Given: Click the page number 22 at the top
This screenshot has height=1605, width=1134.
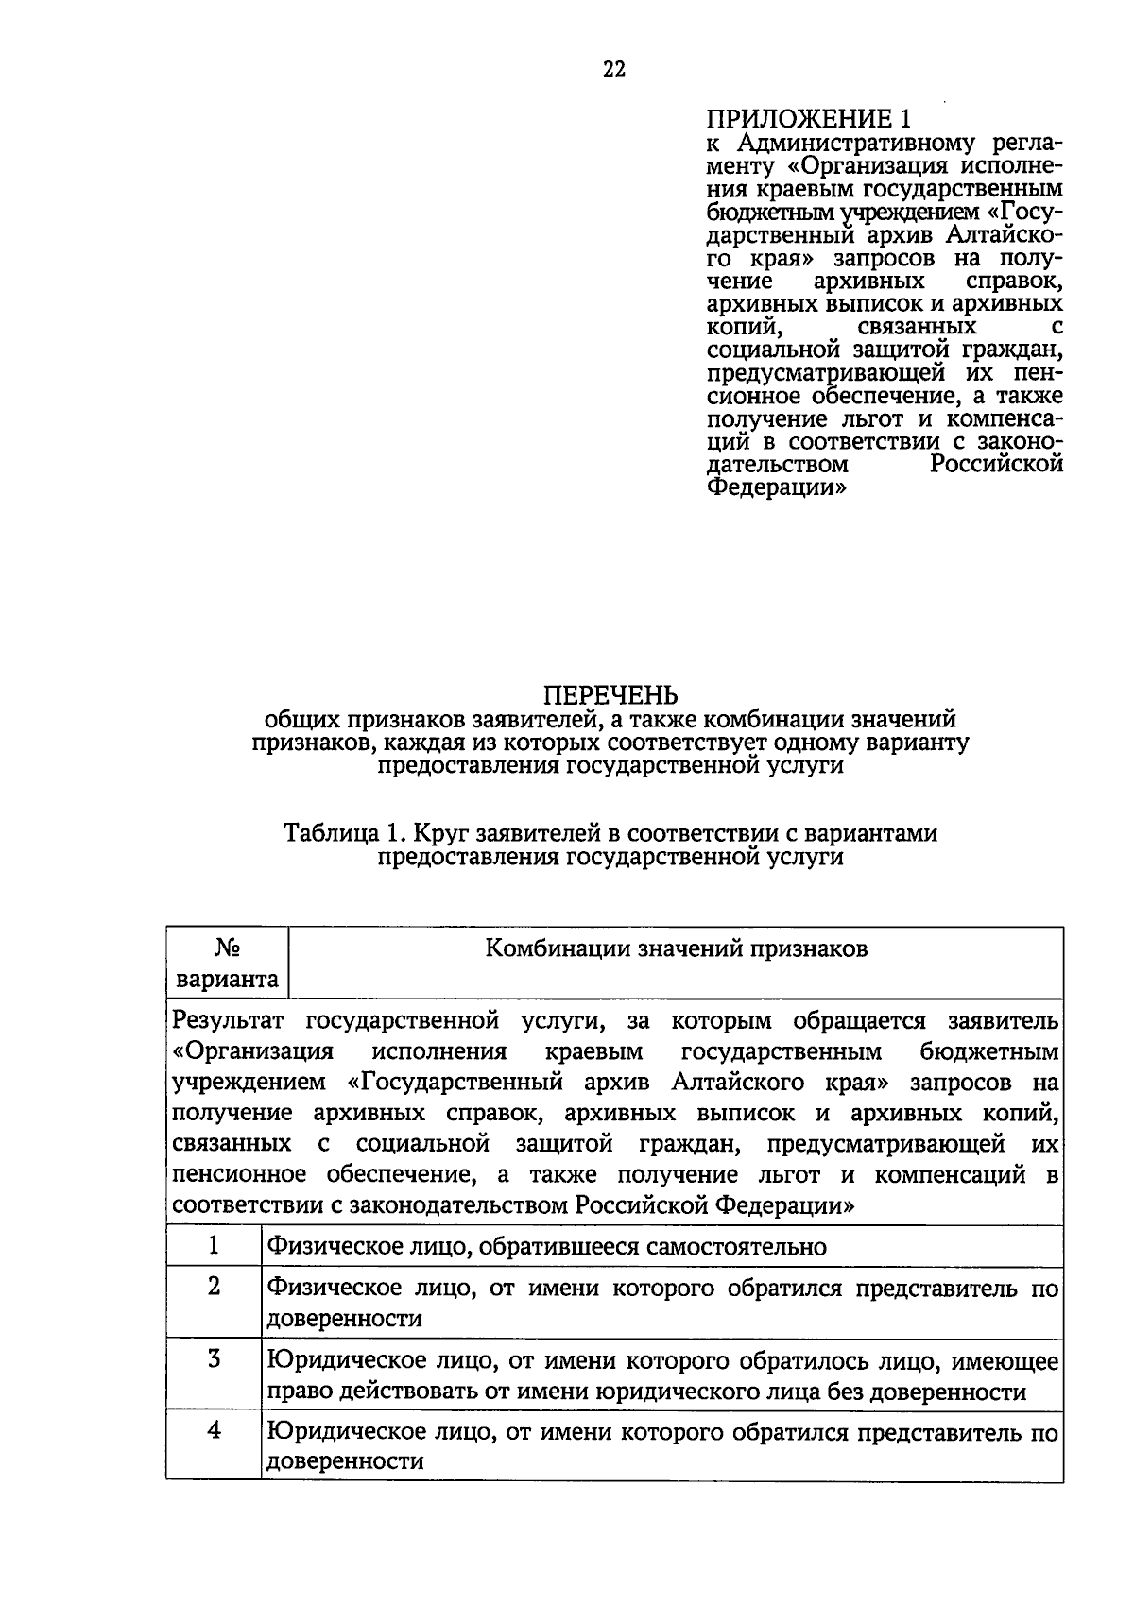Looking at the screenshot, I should click(x=614, y=69).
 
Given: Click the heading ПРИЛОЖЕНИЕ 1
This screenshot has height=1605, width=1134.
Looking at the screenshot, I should click(x=812, y=120).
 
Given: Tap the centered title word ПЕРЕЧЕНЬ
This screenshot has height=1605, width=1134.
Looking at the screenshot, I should click(x=610, y=696).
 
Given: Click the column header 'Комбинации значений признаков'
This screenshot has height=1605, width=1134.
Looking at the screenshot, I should click(x=676, y=948).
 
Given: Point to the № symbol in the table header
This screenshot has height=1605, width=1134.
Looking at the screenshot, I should click(x=227, y=947).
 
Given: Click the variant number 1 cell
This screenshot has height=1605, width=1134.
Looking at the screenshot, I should click(x=215, y=1245).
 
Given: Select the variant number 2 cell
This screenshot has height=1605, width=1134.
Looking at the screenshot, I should click(x=215, y=1286).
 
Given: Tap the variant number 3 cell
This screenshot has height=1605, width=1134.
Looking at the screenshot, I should click(x=215, y=1359).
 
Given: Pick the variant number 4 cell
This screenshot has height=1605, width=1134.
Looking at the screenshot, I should click(x=215, y=1430).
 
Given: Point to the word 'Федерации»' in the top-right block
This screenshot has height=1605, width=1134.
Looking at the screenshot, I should click(x=776, y=487).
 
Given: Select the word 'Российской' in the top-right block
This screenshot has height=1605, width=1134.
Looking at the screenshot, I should click(x=996, y=464).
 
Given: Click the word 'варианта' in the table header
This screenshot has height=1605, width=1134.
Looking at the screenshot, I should click(x=228, y=979).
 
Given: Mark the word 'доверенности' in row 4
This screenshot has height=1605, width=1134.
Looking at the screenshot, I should click(x=345, y=1461).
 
